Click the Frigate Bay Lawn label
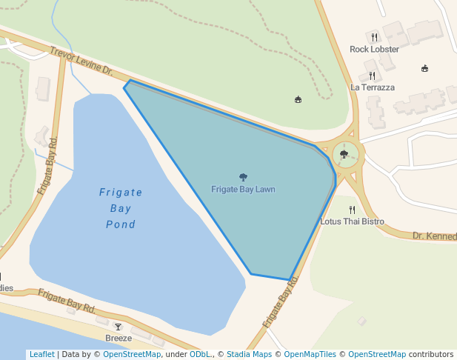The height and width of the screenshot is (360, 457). (243, 190)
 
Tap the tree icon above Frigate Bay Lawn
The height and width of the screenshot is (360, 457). (243, 177)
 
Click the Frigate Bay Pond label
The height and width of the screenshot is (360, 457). (121, 208)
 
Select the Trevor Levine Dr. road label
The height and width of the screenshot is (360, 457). (81, 62)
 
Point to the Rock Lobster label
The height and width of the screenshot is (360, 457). (374, 50)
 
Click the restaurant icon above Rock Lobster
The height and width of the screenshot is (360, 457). (374, 37)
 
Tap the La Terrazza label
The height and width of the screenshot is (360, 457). (372, 87)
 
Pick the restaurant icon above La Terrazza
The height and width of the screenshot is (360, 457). (372, 75)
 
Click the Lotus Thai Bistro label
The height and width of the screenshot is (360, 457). (352, 221)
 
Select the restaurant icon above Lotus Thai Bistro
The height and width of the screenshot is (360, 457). (352, 210)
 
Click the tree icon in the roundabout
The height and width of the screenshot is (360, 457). (344, 154)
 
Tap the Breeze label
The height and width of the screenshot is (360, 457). (119, 339)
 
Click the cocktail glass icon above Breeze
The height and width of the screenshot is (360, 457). (118, 327)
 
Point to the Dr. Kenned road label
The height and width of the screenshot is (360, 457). (434, 236)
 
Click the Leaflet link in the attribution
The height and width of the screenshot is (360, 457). (41, 355)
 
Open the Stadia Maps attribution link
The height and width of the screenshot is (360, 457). (249, 355)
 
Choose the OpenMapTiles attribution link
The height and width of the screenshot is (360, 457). (309, 355)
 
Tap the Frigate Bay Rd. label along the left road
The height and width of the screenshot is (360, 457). (48, 165)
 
